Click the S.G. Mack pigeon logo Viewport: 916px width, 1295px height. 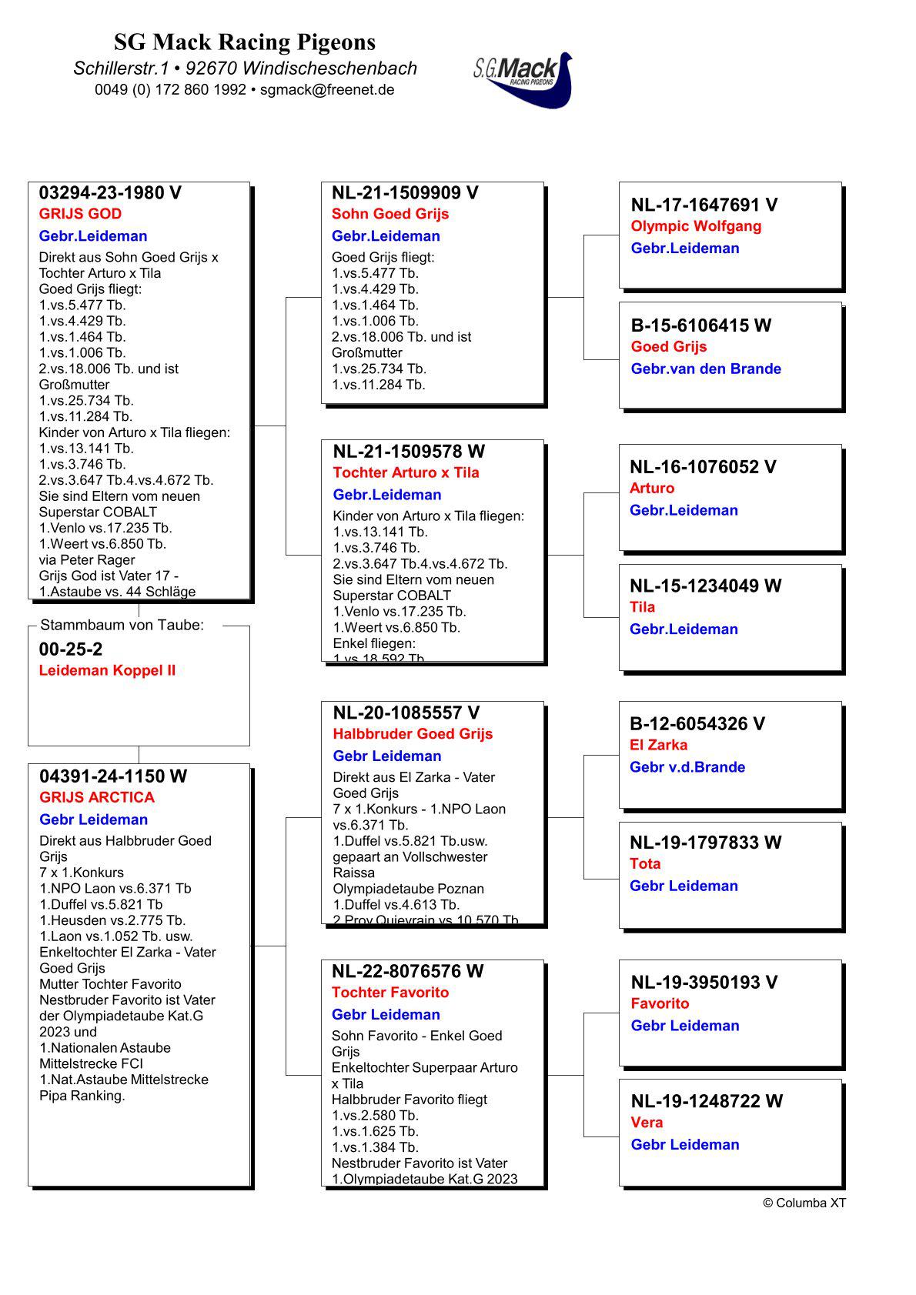[523, 79]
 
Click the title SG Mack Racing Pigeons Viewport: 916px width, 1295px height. [245, 42]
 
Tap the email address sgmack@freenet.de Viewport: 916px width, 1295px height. [327, 89]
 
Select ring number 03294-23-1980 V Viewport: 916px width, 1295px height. [110, 193]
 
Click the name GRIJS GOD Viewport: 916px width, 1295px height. [80, 214]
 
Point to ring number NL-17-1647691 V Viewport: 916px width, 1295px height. [704, 205]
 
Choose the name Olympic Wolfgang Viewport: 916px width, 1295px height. [696, 226]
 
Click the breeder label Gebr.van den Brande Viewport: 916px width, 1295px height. [706, 369]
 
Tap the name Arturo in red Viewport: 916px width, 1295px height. [651, 488]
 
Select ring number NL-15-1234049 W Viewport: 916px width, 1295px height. [705, 586]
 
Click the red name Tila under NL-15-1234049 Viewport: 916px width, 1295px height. [642, 607]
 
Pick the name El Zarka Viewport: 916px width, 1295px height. [658, 745]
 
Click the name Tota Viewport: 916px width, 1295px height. [645, 863]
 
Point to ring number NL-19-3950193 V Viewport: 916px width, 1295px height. [704, 982]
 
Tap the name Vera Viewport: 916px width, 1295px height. [647, 1122]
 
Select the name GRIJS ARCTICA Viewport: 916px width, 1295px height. [97, 797]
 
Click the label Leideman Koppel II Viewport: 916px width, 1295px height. [107, 670]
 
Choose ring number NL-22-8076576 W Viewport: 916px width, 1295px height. [407, 971]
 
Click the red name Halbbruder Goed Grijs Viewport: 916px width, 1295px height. [413, 734]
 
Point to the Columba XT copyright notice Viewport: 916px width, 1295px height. [804, 1203]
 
